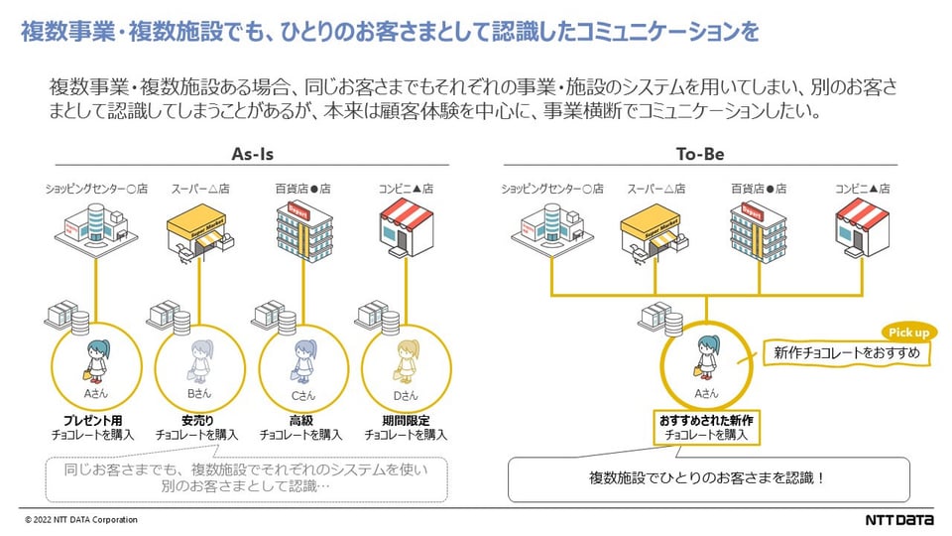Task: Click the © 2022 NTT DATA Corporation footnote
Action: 81,520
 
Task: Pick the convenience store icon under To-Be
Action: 861,226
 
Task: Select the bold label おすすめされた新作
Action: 704,420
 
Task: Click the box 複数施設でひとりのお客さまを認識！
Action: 708,478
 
